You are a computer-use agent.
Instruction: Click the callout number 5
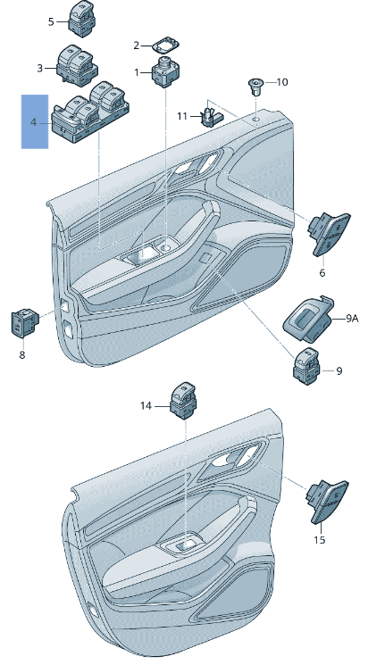click(50, 21)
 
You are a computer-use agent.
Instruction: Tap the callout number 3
click(40, 68)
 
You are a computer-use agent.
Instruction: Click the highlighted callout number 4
click(35, 121)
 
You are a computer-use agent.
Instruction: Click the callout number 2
click(137, 45)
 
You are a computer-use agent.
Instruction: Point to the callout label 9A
click(352, 318)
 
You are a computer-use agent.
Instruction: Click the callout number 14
click(146, 406)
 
